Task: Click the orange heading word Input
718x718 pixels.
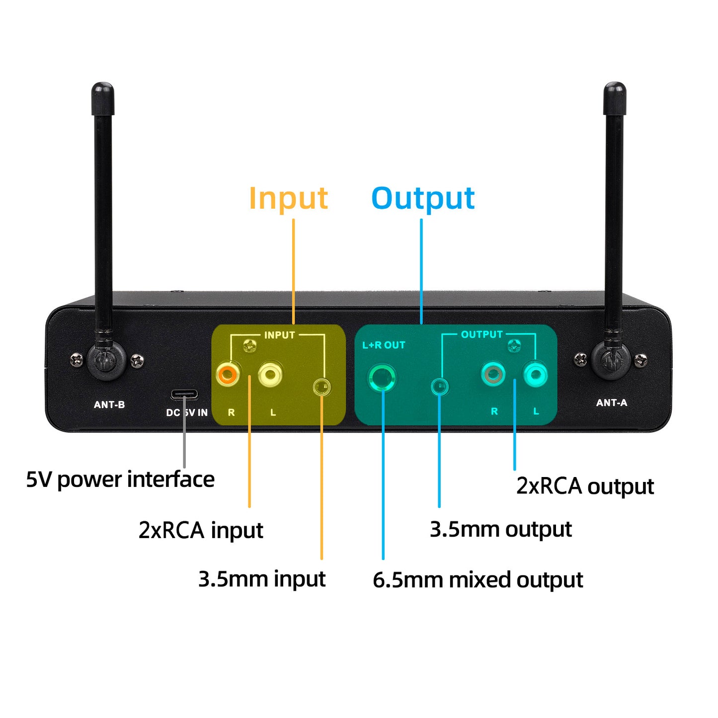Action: [x=288, y=198]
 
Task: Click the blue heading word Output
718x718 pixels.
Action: [x=423, y=198]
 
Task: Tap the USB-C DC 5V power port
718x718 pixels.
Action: [x=184, y=395]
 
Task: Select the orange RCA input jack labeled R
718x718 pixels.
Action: [x=228, y=374]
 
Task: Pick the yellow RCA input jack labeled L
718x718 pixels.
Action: [x=270, y=374]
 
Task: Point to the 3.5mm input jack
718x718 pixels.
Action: [x=322, y=387]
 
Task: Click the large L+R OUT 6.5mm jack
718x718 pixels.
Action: [x=382, y=378]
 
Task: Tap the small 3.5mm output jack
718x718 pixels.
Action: [x=439, y=386]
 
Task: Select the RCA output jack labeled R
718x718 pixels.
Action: [x=493, y=374]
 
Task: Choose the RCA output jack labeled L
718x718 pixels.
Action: [x=536, y=374]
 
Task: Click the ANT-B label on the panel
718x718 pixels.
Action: [x=109, y=405]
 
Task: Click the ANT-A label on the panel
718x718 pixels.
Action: [x=612, y=403]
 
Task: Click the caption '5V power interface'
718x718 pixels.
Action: [x=120, y=479]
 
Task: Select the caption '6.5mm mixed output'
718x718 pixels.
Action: [x=478, y=580]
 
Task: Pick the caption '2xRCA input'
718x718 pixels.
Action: [x=201, y=530]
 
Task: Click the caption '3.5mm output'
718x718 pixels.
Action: [x=500, y=529]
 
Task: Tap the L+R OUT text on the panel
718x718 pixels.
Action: [x=384, y=345]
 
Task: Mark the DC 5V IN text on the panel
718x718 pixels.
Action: [x=187, y=412]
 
